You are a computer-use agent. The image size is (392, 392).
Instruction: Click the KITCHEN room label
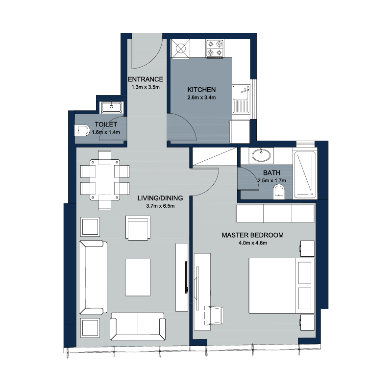(201, 90)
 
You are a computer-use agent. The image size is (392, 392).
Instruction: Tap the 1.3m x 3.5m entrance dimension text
(146, 87)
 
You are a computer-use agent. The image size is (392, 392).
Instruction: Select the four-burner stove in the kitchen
(215, 49)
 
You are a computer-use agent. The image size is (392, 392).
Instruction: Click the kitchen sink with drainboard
(241, 99)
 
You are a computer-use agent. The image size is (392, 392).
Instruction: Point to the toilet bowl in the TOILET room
(82, 130)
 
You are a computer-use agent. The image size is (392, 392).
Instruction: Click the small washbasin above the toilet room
(111, 107)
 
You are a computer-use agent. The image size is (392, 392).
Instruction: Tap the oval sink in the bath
(261, 155)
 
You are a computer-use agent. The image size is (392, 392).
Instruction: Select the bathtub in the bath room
(305, 175)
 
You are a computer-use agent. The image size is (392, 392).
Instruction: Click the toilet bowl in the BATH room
(279, 192)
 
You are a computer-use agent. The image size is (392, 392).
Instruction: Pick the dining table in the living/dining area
(105, 179)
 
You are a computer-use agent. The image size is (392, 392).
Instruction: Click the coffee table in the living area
(138, 277)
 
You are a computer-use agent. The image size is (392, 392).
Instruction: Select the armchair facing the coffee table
(138, 228)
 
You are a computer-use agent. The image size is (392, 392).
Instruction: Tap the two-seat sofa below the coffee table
(138, 326)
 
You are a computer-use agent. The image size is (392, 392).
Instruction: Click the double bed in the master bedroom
(281, 286)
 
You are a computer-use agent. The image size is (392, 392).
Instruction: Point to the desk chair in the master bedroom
(214, 315)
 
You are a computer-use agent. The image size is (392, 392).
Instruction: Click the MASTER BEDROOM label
(252, 235)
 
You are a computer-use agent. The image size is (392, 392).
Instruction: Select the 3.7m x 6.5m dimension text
(160, 206)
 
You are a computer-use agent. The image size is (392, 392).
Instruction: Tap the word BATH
(271, 173)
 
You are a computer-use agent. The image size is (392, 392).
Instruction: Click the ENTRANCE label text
(146, 79)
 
